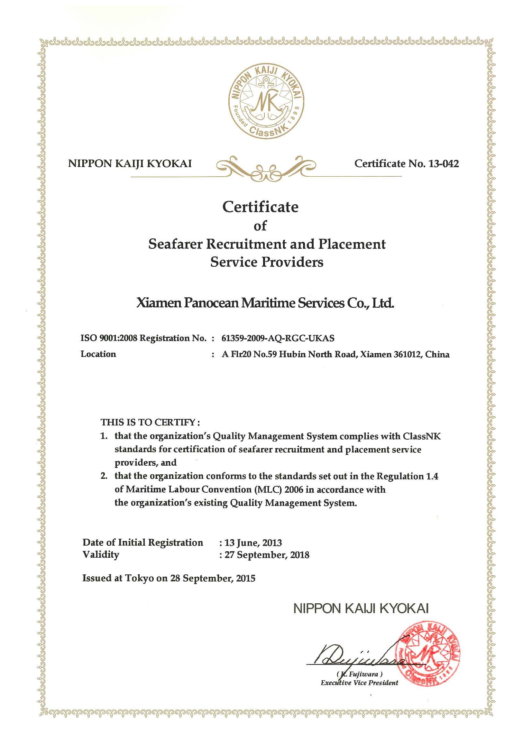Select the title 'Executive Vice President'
coord(359,683)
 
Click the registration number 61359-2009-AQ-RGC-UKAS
coord(278,338)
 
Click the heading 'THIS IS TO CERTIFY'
coord(150,422)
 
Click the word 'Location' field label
coord(98,354)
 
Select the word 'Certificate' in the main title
coord(260,207)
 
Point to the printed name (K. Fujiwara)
coord(359,674)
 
